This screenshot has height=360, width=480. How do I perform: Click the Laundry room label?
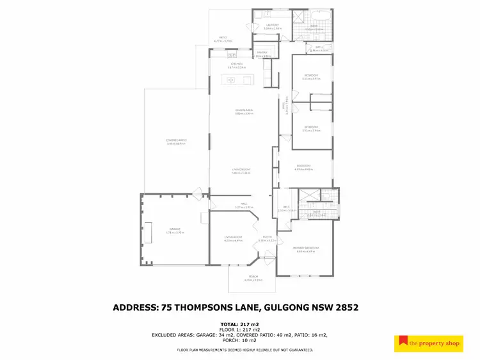point(273,26)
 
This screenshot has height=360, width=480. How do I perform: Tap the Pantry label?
point(262,54)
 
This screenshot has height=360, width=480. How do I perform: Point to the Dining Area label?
point(244,111)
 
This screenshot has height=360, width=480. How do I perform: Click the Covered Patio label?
point(176,140)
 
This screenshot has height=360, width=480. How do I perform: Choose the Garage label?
point(175,229)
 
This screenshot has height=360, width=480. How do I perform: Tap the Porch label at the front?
point(254,277)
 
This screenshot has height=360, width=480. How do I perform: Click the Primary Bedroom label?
point(303,249)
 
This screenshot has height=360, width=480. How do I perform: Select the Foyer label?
point(266,238)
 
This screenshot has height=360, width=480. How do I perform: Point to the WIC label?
point(286,208)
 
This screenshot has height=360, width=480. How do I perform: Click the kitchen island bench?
point(237,80)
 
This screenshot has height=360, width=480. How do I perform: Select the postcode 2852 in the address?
point(346,307)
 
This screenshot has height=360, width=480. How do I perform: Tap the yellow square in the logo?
point(403,343)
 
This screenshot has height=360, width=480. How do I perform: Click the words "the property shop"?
point(436,343)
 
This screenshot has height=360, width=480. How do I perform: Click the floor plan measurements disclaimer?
point(245,350)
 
